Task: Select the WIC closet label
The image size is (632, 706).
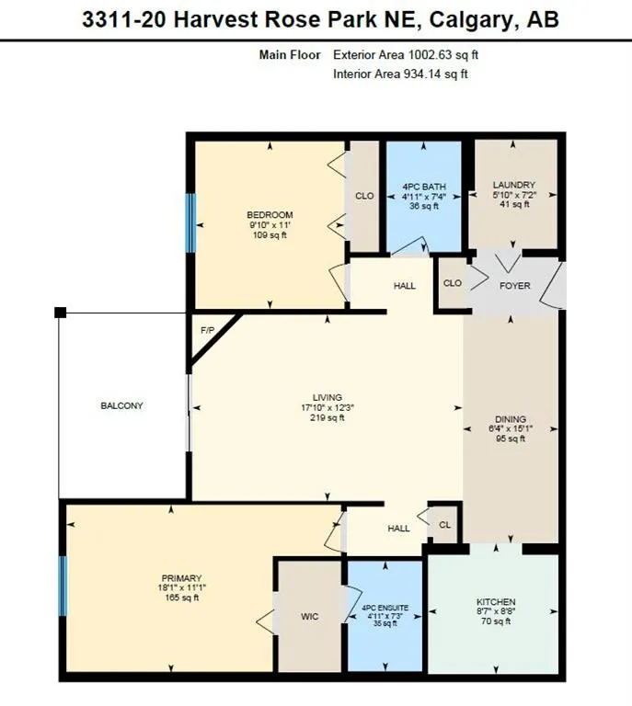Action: point(310,616)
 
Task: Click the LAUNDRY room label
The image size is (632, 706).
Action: point(513,185)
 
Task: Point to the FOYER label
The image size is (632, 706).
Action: point(514,286)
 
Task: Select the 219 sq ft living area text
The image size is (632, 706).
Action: point(327,418)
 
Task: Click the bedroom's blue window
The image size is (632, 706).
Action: point(190,222)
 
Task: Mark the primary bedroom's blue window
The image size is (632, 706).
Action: point(63,586)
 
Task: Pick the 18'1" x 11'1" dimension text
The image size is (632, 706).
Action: point(178,589)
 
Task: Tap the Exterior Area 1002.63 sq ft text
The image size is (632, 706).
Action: point(406,55)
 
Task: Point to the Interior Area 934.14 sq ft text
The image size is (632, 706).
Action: point(400,74)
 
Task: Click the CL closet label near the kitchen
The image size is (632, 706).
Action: point(443,524)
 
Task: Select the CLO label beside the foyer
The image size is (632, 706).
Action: point(452,284)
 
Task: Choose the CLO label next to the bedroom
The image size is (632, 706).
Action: point(364,195)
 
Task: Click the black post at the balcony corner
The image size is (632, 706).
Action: point(60,313)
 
